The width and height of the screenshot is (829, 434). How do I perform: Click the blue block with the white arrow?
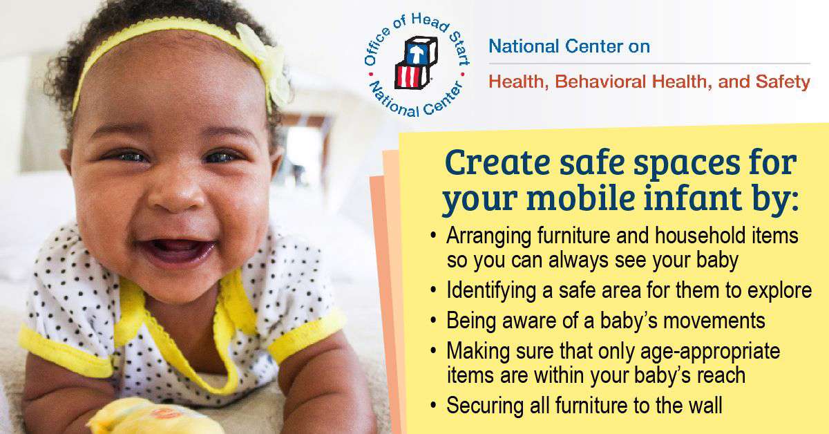coord(421,50)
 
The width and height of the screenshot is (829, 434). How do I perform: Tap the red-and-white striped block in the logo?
coord(412,75)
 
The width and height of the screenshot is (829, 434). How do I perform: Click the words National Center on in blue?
coord(569,46)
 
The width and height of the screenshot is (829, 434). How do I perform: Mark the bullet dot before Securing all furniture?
coord(434,405)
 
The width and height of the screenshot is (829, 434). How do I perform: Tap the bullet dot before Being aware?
coord(434,321)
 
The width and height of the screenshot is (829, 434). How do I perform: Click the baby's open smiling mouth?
coord(177,251)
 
